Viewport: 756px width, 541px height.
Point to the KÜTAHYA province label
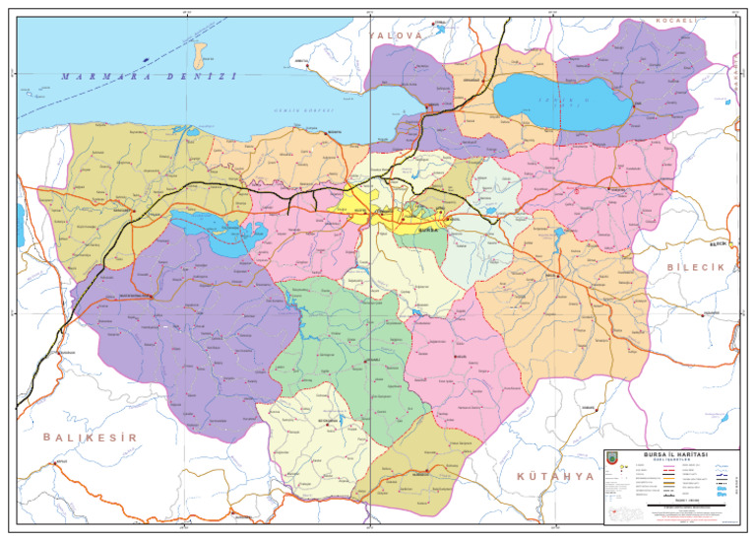pos(556,476)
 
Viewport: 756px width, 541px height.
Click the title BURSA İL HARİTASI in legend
pos(669,453)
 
